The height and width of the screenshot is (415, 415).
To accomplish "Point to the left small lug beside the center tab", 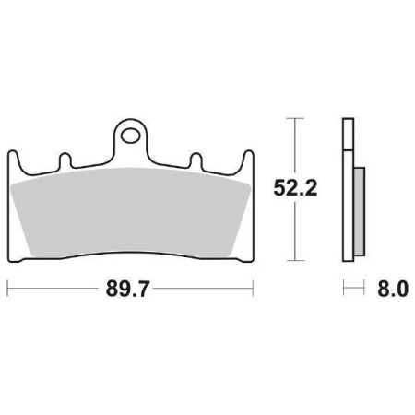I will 65,162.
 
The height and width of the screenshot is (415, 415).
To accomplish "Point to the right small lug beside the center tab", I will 196,162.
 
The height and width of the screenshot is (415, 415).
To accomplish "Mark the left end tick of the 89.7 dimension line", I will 8,290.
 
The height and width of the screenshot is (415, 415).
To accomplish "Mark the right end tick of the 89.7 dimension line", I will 253,290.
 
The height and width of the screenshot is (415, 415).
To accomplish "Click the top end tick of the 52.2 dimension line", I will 294,119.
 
